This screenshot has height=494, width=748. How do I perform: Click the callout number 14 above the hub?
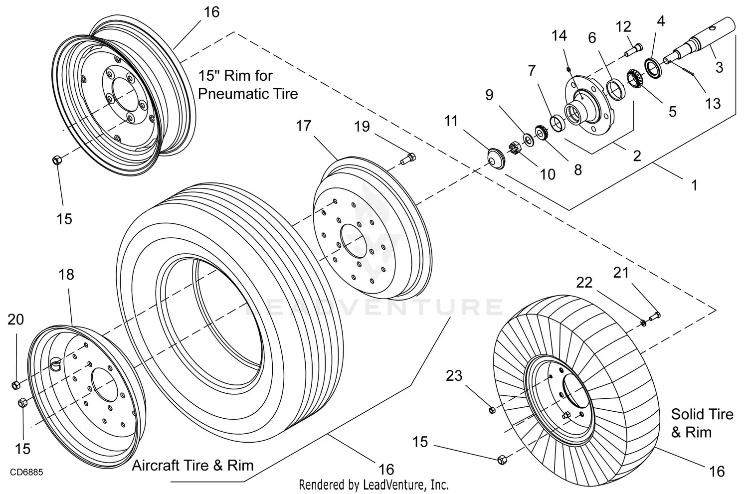[x=559, y=36]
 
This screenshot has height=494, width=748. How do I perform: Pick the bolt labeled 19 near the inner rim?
[x=408, y=158]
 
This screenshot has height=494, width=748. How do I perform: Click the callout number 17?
[x=303, y=126]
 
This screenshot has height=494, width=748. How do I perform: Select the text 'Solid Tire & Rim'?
[x=702, y=423]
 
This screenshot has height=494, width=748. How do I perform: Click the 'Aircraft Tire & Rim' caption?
[x=192, y=466]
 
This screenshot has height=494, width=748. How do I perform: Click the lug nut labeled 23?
[x=491, y=410]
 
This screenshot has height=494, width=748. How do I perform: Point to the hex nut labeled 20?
[x=15, y=385]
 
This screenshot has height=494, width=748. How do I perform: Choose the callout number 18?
[x=66, y=275]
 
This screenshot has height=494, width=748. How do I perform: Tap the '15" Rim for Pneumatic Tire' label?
[x=248, y=85]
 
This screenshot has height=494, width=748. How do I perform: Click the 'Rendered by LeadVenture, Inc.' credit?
[x=374, y=484]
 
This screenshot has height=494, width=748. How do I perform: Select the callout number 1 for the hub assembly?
[x=694, y=185]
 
